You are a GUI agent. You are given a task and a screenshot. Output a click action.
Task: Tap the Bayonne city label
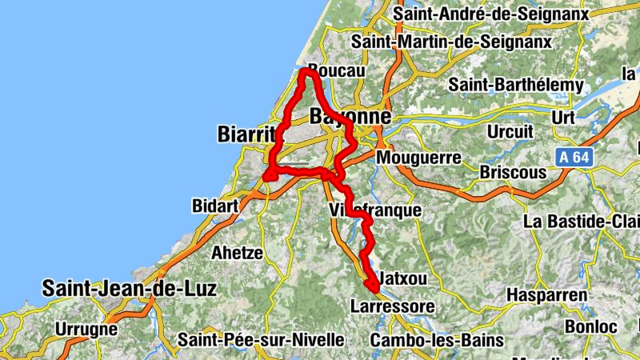point(350,117)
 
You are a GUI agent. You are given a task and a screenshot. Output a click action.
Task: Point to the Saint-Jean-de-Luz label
point(129,288)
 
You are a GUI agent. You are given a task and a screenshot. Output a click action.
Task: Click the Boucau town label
point(336,70)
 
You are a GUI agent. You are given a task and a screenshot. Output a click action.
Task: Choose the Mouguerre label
point(418,158)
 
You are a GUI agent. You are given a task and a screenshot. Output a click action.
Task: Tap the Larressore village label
point(392,306)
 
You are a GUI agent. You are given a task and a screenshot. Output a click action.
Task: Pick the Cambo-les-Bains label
point(437,340)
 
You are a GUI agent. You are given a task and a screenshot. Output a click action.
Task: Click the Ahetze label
point(237,253)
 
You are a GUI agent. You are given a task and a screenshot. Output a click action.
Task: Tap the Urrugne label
point(86,328)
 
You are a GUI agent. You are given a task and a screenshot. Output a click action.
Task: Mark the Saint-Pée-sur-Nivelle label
point(261,340)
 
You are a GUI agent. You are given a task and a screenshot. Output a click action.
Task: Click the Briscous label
point(513,172)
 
